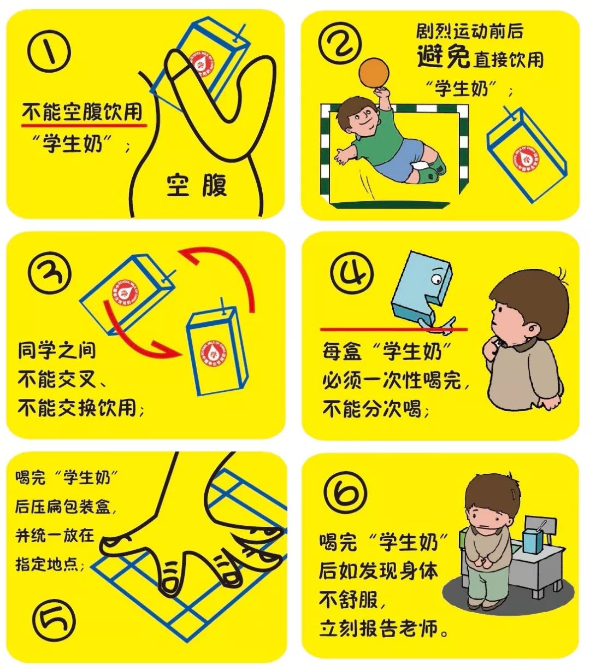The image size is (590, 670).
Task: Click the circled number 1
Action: click(50, 51)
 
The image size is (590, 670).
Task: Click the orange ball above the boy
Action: click(373, 72)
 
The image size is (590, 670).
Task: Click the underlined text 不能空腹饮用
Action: click(82, 113)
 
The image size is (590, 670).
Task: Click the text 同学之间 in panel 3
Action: click(56, 350)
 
